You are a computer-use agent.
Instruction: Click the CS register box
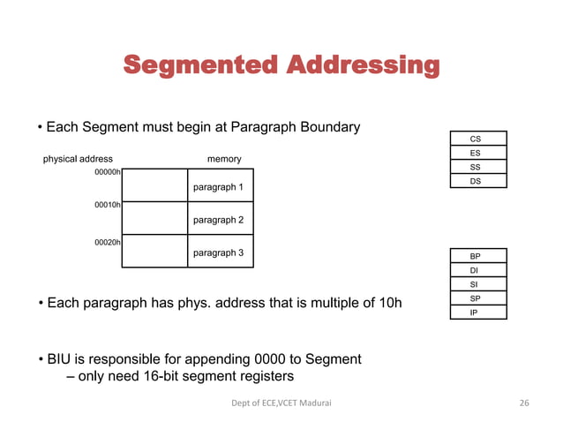[476, 139]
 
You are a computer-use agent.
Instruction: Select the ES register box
[476, 153]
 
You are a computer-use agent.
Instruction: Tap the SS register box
[476, 167]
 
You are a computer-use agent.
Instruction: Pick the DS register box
[476, 181]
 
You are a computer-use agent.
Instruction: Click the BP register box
[475, 256]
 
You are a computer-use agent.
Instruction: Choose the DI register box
[475, 270]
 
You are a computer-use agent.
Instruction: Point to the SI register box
[475, 284]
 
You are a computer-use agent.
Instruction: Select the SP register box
[475, 298]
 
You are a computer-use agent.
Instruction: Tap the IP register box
[475, 313]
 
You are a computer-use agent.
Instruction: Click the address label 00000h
[108, 172]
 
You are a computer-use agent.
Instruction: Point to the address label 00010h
[108, 205]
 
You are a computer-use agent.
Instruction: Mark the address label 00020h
[108, 241]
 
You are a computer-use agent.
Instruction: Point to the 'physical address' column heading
[78, 159]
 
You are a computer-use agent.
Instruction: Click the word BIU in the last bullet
[61, 359]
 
